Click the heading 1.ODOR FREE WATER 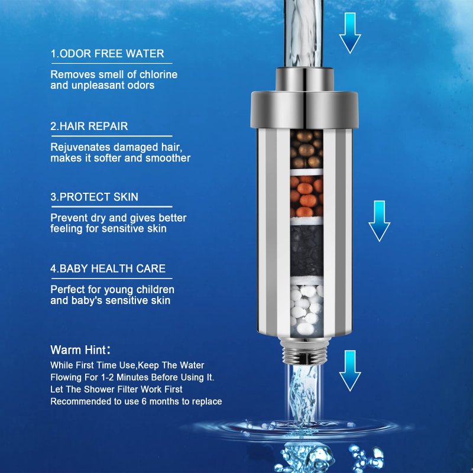107,54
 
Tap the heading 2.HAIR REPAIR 89,126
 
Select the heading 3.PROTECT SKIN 94,197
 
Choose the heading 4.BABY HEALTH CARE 108,268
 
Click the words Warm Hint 78,350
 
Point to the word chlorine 158,74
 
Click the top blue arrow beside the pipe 350,33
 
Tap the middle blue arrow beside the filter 379,221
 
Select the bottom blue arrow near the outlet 350,371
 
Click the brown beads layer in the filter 306,150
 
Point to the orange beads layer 306,196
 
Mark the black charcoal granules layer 306,250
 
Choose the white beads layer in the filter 306,311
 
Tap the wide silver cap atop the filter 304,109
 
